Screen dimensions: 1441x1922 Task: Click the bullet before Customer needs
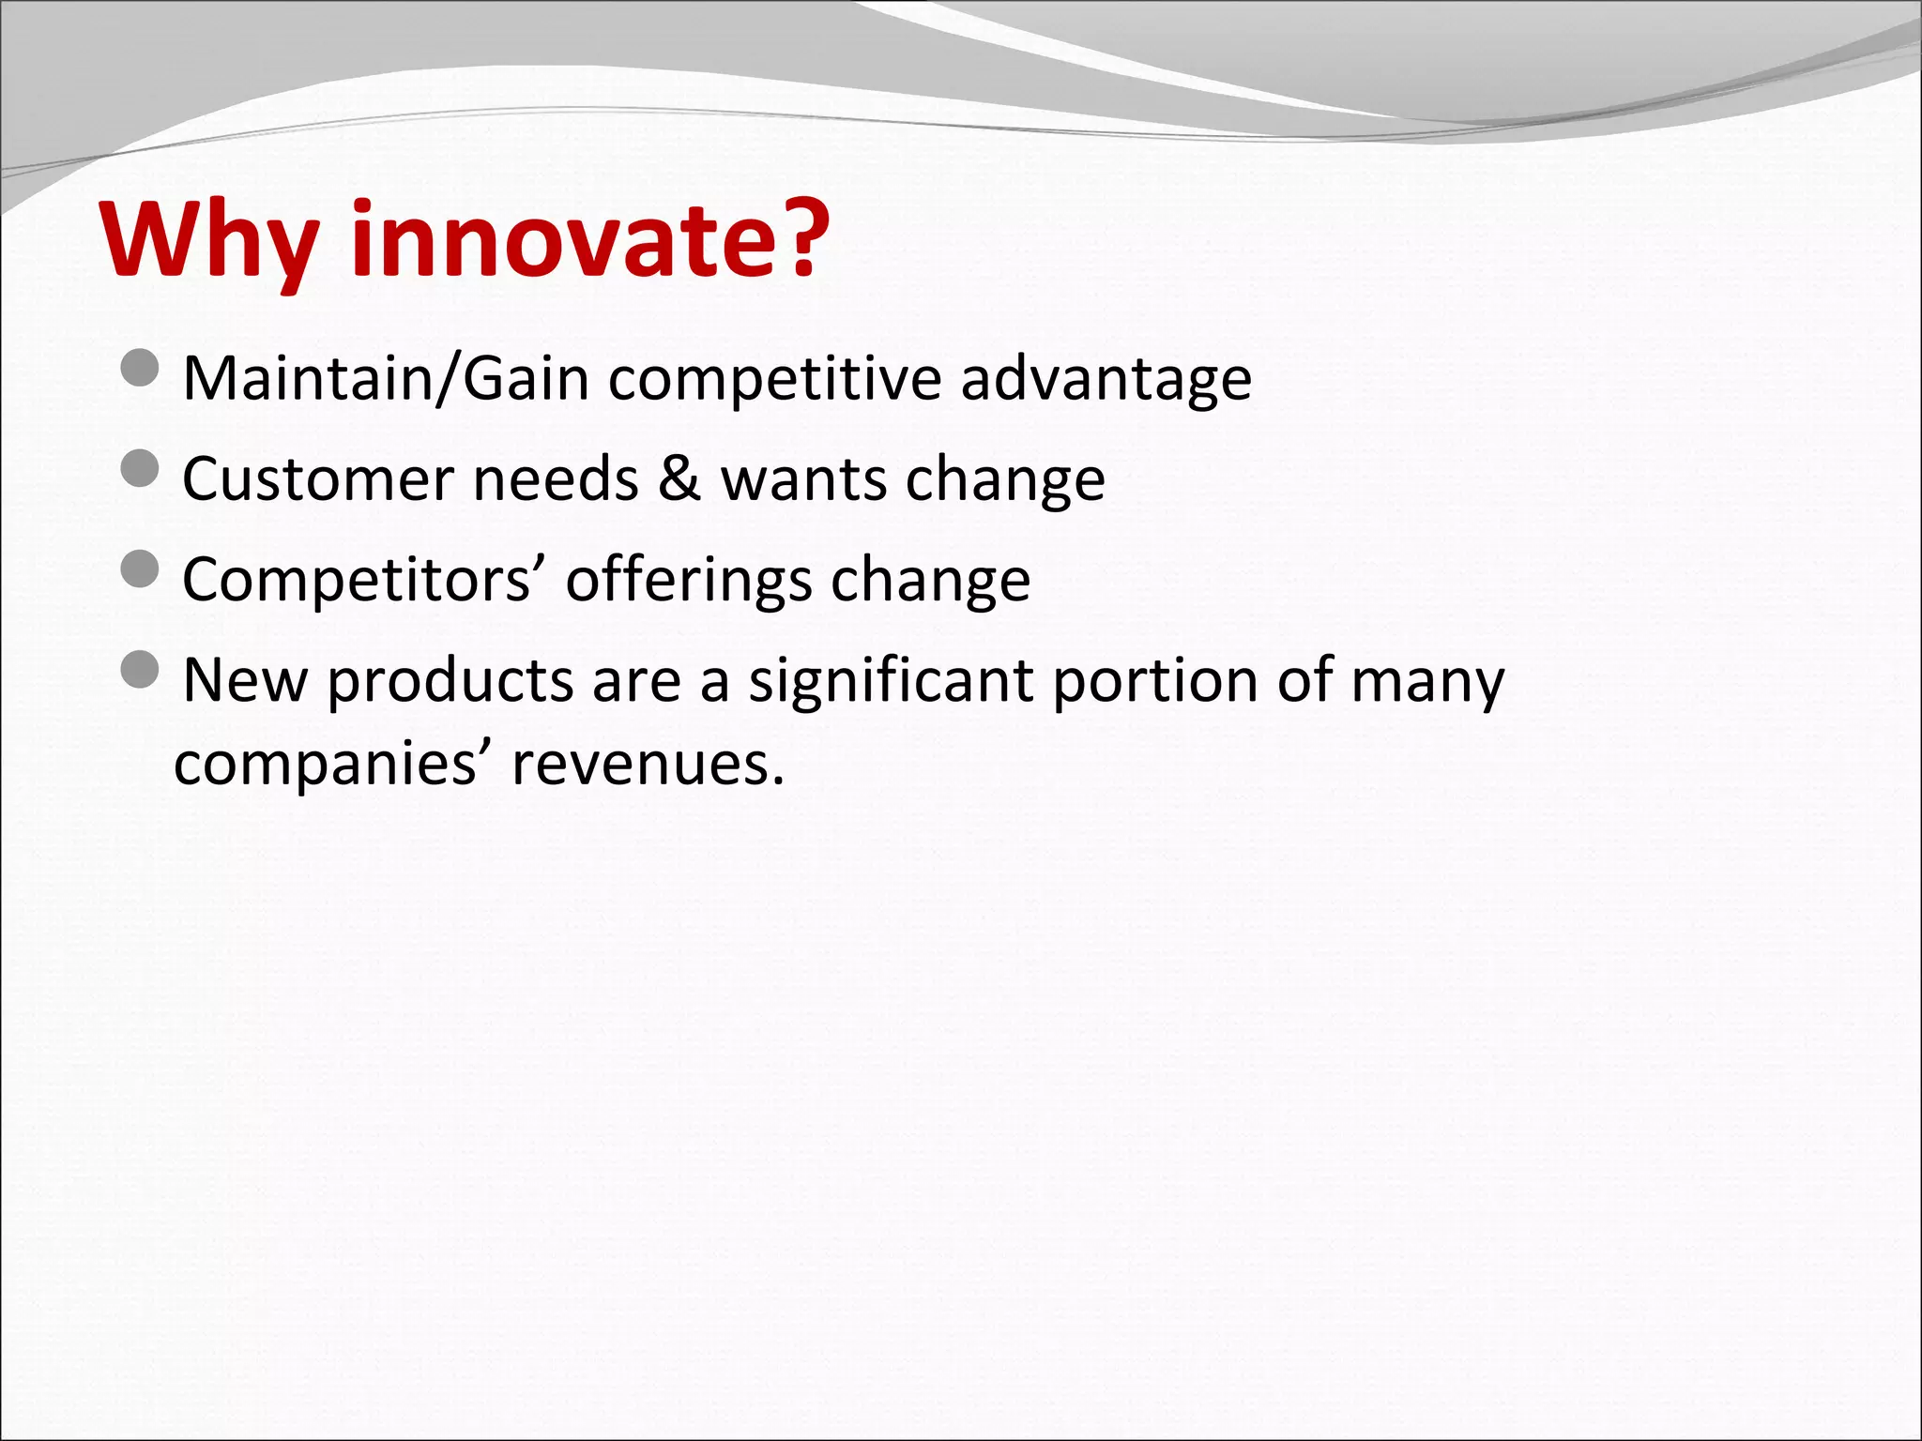[141, 467]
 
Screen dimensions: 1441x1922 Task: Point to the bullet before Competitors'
[141, 569]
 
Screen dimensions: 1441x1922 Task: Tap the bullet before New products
[141, 669]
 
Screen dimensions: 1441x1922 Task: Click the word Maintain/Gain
[386, 379]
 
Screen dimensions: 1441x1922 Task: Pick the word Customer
[317, 479]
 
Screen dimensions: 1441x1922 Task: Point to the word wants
[803, 479]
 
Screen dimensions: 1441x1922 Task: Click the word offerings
[689, 581]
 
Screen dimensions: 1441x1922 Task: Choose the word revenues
[648, 764]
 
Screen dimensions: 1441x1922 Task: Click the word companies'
[332, 764]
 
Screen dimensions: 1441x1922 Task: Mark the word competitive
[774, 379]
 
